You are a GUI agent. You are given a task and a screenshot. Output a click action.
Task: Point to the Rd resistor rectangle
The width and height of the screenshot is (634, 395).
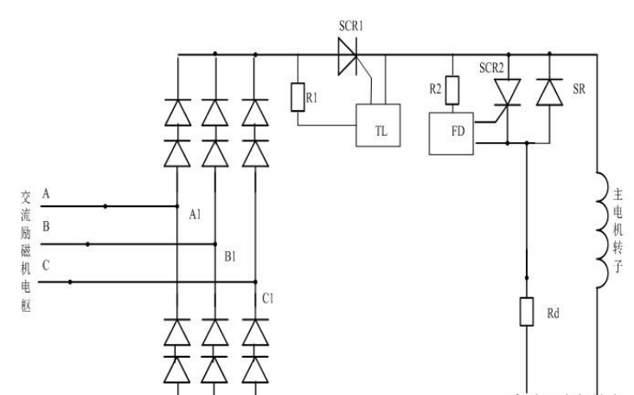point(526,312)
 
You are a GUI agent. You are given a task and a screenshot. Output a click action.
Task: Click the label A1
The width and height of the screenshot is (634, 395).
point(195,215)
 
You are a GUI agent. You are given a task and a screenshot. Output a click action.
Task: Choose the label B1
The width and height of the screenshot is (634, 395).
point(230,256)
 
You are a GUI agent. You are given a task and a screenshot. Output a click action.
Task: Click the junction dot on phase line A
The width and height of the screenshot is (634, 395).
point(106,206)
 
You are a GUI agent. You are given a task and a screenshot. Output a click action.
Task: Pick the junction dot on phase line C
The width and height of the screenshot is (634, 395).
point(71,282)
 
